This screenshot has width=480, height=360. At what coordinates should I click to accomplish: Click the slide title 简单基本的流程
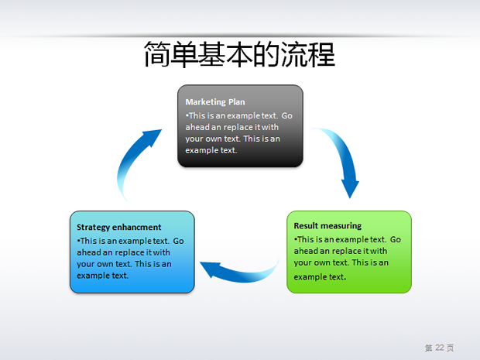239,54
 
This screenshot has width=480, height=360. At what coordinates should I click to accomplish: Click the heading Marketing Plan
215,102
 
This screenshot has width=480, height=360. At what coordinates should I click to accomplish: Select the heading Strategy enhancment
118,227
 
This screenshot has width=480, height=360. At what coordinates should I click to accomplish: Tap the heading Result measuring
327,226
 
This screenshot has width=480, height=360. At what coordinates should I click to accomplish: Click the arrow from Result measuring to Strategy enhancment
242,274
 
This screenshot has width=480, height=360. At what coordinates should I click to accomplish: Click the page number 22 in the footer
440,348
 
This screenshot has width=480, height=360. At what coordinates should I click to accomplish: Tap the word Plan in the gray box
237,102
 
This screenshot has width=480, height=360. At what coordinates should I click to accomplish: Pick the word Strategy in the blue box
93,228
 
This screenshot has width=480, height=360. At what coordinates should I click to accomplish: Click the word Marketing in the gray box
205,102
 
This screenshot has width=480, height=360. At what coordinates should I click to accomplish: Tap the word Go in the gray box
286,115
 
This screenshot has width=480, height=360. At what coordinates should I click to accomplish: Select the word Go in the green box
395,239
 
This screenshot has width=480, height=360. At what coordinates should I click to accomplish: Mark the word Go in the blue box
178,241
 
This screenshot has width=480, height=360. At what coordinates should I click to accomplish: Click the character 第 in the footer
429,348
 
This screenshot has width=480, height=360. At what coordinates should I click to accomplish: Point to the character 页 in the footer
450,348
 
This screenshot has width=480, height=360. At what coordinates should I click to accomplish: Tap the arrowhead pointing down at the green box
350,190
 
